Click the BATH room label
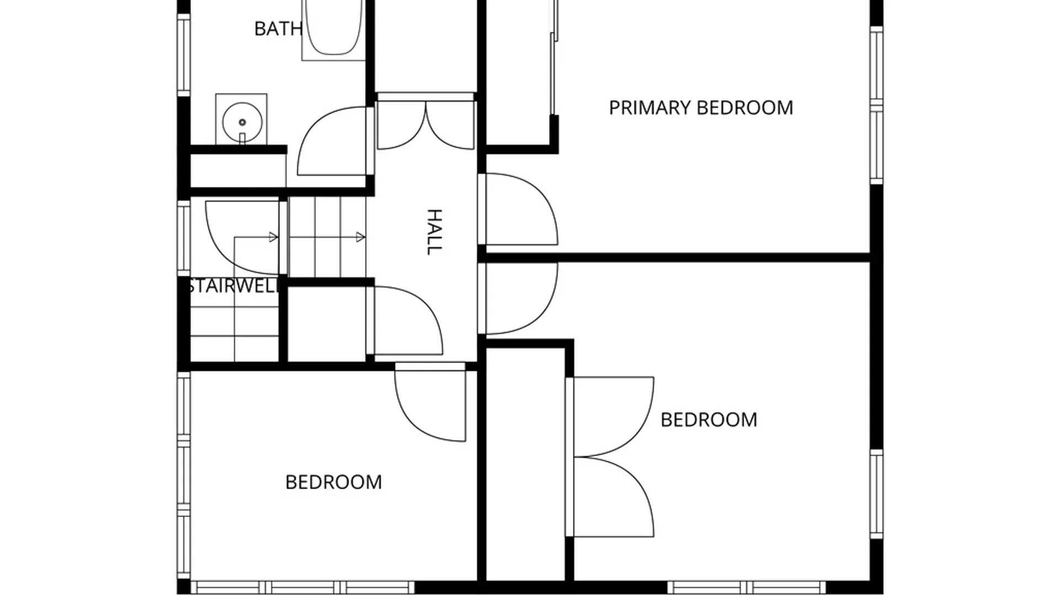point(278,29)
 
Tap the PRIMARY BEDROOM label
point(701,107)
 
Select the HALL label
point(435,232)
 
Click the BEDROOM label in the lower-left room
point(334,482)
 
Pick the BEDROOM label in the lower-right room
point(709,420)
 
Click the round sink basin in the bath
point(242,122)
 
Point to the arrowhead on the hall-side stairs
point(361,237)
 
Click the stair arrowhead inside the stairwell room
point(273,237)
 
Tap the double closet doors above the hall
point(425,126)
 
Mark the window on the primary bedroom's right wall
point(876,105)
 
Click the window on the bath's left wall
point(184,55)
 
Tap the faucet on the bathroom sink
point(242,138)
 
